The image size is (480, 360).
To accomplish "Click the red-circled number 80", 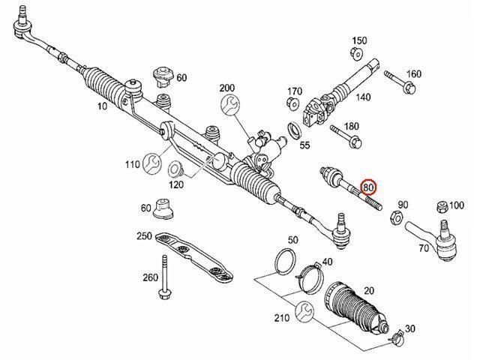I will [x=369, y=188].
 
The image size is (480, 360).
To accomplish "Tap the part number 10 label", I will [x=102, y=107].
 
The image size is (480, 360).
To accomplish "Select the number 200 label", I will [x=227, y=88].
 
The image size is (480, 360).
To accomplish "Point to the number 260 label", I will [x=150, y=278].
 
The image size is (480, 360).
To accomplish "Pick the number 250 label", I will [x=145, y=237].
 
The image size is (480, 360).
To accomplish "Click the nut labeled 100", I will [x=441, y=205].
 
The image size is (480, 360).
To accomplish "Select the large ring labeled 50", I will [x=283, y=260].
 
